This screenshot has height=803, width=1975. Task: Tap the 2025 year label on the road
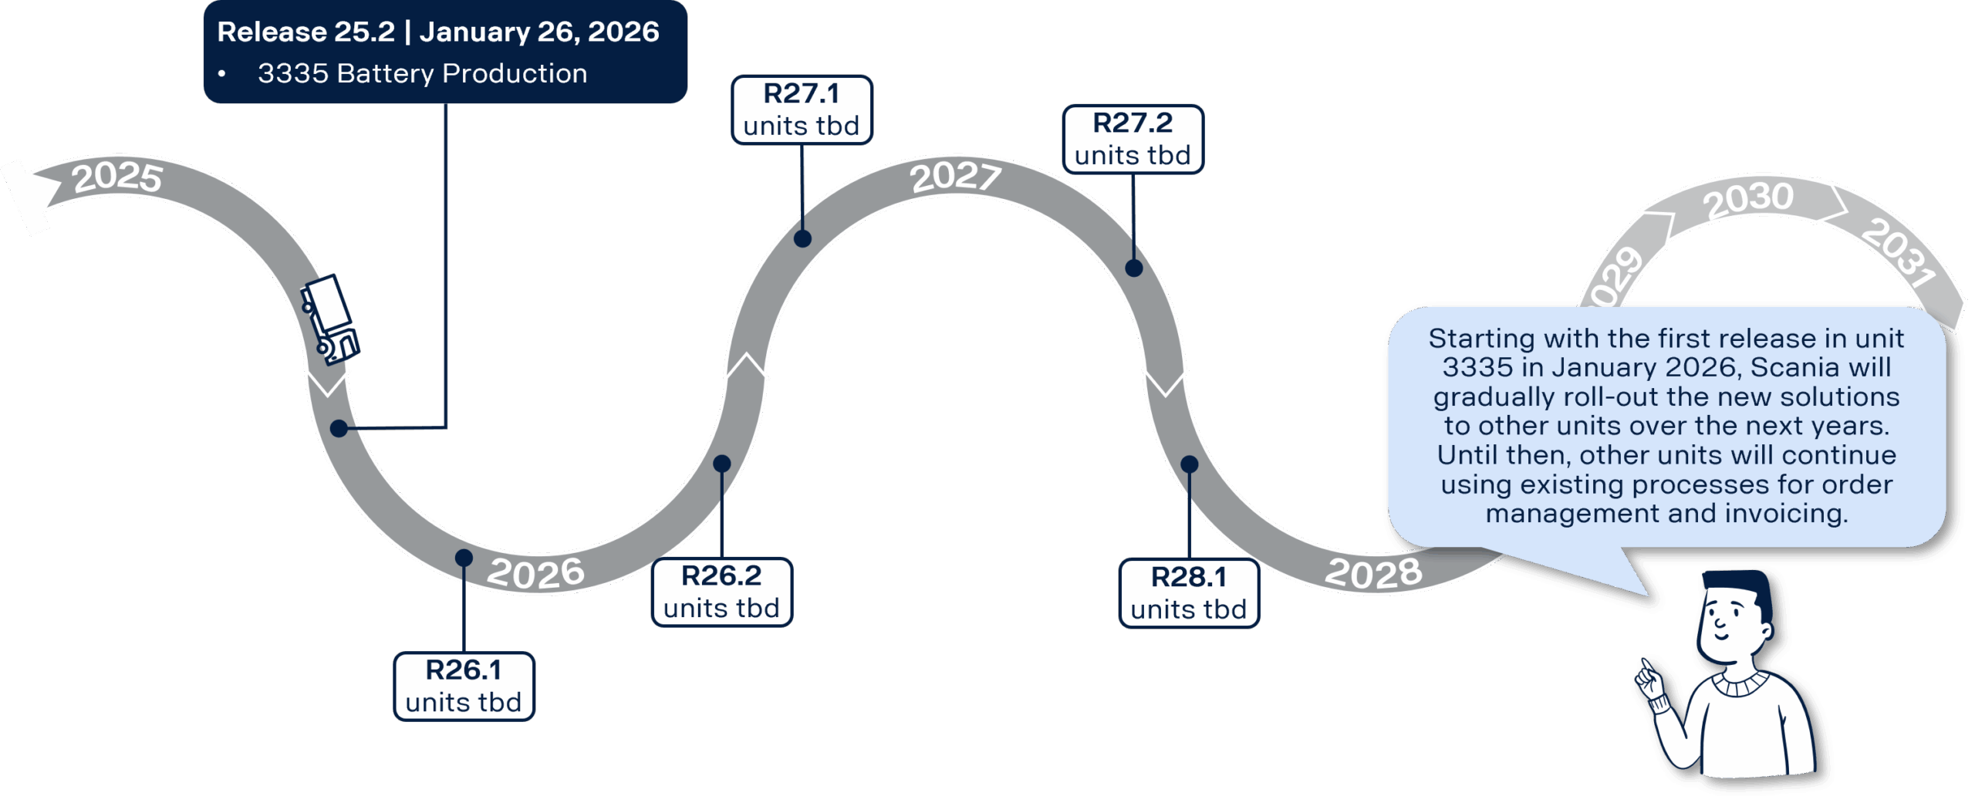click(117, 177)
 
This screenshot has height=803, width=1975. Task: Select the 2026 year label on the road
click(535, 573)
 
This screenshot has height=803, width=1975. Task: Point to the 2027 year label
click(955, 177)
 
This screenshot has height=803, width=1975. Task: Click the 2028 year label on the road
click(1373, 573)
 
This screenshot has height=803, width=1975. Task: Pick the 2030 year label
click(1748, 199)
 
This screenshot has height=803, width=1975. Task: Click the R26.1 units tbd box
click(464, 687)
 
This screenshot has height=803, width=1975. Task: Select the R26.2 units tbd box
click(721, 592)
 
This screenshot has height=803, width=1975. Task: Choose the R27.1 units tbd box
click(802, 110)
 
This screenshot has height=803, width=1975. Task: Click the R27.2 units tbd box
click(1133, 139)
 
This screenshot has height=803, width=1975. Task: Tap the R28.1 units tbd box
click(1188, 593)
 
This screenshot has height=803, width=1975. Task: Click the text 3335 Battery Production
click(422, 74)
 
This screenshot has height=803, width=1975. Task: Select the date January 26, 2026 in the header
click(539, 32)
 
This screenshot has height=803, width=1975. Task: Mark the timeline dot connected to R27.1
click(802, 238)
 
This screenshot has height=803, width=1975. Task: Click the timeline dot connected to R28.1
click(1190, 464)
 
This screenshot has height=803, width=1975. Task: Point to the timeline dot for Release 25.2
click(339, 428)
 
